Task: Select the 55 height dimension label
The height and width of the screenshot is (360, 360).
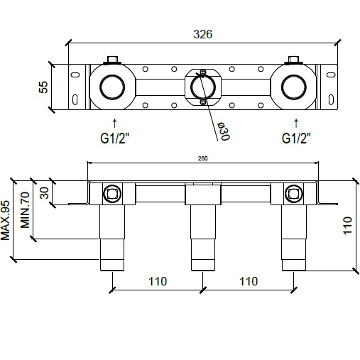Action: coord(42,87)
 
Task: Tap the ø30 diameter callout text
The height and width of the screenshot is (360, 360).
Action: coord(222,131)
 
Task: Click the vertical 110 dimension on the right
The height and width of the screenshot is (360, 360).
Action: coord(347,226)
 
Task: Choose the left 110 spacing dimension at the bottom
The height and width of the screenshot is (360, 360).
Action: coord(158,282)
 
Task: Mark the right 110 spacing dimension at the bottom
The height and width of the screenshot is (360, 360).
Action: coord(249,282)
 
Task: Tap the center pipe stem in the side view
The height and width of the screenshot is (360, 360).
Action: coord(204,234)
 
